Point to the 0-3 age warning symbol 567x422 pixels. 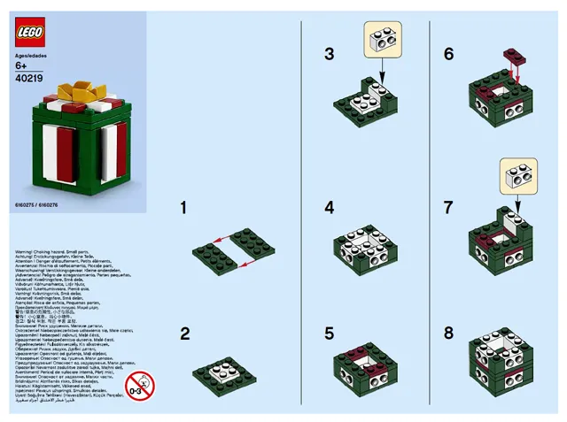139,386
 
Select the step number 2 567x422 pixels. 184,334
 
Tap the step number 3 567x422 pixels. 330,54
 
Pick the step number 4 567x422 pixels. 330,208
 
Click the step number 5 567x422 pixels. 330,334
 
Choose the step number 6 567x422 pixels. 449,54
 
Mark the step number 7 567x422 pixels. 449,208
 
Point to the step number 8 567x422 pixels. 449,334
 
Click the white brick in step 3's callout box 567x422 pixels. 384,41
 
